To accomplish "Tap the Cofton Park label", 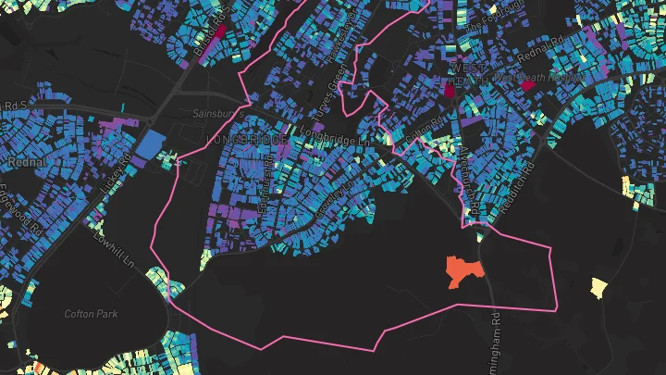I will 91,314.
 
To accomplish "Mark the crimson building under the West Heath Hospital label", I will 527,86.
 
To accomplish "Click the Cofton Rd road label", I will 427,134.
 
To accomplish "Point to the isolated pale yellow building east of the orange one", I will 598,287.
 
